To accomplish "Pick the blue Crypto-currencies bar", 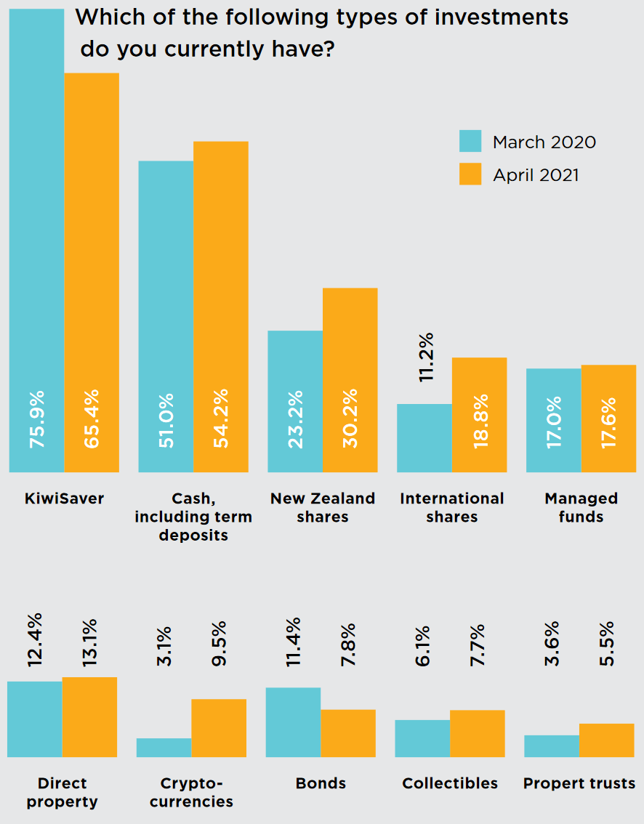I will [x=164, y=748].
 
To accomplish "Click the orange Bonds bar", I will [x=348, y=733].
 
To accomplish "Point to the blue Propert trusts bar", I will [x=552, y=746].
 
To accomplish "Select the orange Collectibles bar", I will [x=478, y=733].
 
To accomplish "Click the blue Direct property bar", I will [x=34, y=719].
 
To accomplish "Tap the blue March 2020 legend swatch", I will [x=470, y=141].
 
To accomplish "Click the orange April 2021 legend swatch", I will [x=470, y=174].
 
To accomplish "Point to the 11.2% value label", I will [x=426, y=356].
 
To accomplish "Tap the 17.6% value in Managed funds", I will [x=608, y=421].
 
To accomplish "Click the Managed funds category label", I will [x=581, y=507].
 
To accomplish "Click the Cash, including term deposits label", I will [x=193, y=516].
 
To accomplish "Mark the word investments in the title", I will [x=501, y=16].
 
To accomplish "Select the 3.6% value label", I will [x=552, y=643].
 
